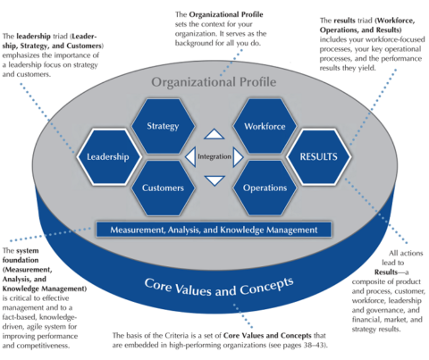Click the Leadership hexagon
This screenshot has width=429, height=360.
pyautogui.click(x=108, y=157)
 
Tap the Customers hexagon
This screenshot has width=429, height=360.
pyautogui.click(x=163, y=188)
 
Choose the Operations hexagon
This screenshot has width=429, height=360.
pyautogui.click(x=264, y=188)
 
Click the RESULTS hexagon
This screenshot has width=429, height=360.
pyautogui.click(x=319, y=157)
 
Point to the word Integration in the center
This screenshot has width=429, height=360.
pyautogui.click(x=214, y=158)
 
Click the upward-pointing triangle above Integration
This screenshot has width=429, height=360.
pyautogui.click(x=214, y=136)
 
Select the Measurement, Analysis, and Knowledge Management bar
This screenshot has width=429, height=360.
pyautogui.click(x=214, y=230)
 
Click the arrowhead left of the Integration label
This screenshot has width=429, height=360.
pyautogui.click(x=189, y=158)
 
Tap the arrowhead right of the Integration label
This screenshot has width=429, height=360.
pyautogui.click(x=239, y=158)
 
